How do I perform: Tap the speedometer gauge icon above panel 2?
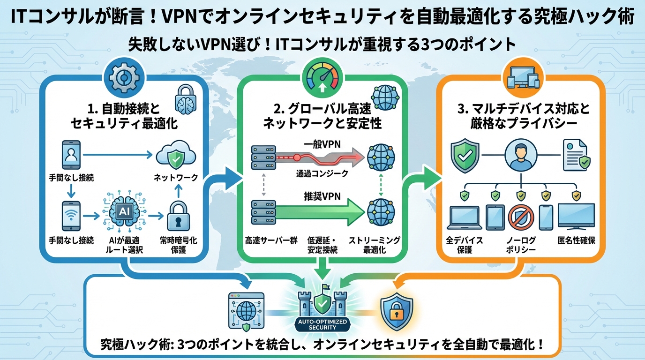pyautogui.click(x=322, y=77)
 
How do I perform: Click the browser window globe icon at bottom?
pyautogui.click(x=246, y=310)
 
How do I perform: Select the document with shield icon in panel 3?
pyautogui.click(x=576, y=155)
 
